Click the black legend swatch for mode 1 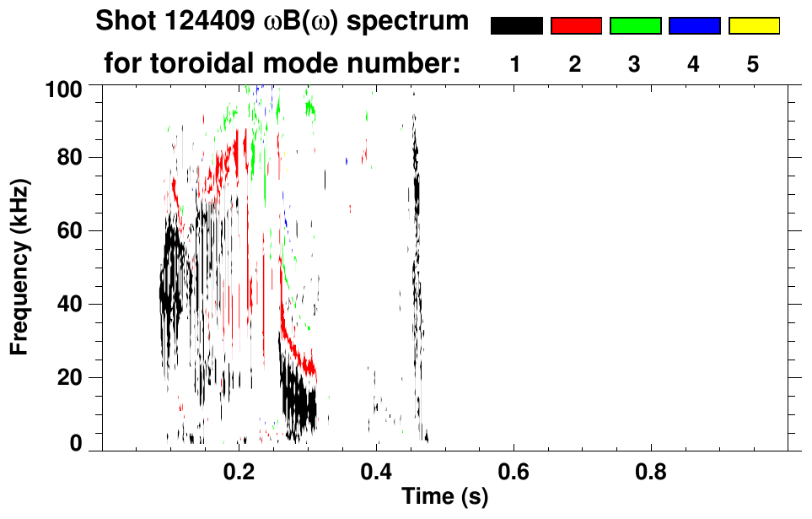click(516, 26)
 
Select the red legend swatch click(576, 26)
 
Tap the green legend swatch click(635, 26)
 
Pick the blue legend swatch click(694, 26)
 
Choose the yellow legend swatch click(753, 26)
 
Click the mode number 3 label click(635, 64)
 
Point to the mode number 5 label click(753, 64)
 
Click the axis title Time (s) click(444, 498)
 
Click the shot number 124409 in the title click(207, 22)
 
